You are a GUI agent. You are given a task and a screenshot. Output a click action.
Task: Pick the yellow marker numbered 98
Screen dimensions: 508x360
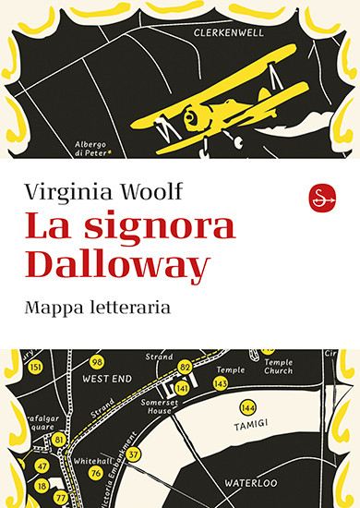click(97, 361)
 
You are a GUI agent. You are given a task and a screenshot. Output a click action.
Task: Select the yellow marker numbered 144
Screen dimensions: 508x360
click(247, 406)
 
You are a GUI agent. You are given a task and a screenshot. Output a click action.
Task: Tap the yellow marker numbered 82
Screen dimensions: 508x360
click(185, 368)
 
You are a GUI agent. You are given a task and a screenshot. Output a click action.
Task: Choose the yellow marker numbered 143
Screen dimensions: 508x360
click(220, 382)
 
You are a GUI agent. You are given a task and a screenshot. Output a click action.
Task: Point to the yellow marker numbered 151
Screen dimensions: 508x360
click(36, 368)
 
